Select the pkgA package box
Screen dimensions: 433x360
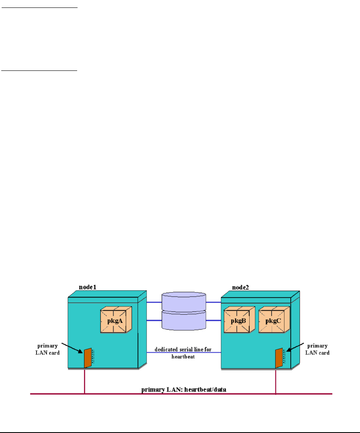click(x=116, y=319)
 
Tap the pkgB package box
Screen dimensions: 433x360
click(x=239, y=319)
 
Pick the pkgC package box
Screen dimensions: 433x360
click(x=273, y=319)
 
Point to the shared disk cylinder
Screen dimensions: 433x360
click(x=184, y=311)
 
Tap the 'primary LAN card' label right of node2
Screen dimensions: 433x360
click(x=316, y=349)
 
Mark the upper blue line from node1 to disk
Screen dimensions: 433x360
click(x=154, y=302)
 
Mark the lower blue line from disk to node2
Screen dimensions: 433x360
click(x=214, y=320)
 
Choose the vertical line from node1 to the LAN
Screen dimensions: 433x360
click(x=85, y=381)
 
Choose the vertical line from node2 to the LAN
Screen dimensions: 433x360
click(x=276, y=381)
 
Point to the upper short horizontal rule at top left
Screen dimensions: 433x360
click(x=39, y=7)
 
